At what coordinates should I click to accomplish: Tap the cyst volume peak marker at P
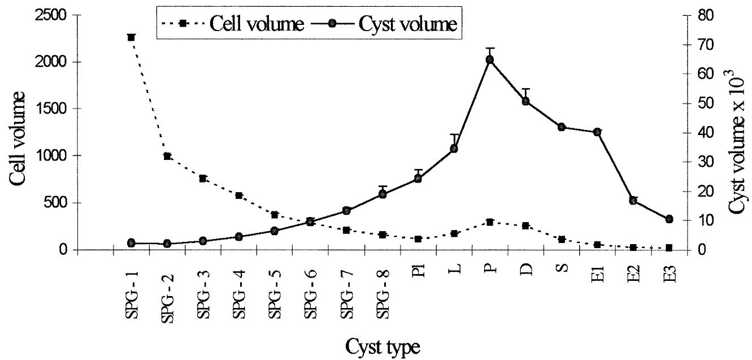click(490, 59)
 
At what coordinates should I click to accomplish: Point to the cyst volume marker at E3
click(670, 219)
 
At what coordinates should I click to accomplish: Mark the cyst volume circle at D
click(526, 101)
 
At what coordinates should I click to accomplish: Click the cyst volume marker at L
click(454, 149)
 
